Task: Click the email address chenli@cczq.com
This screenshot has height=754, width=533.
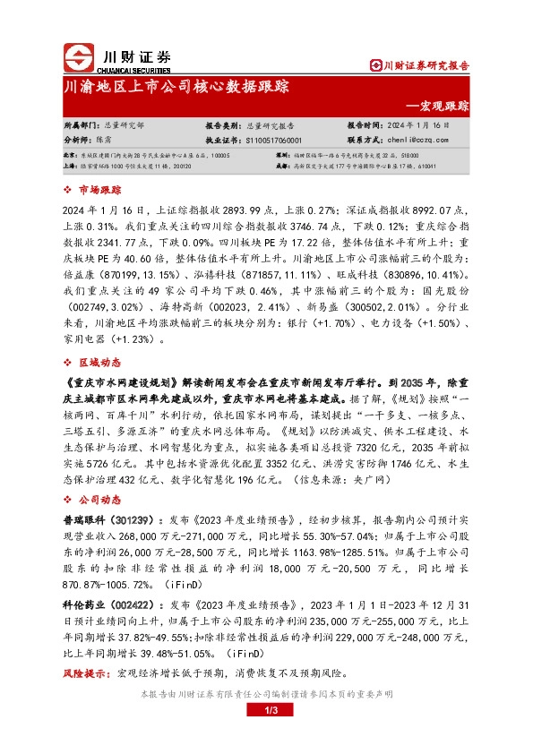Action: click(412, 141)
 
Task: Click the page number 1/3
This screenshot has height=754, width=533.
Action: click(266, 711)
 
